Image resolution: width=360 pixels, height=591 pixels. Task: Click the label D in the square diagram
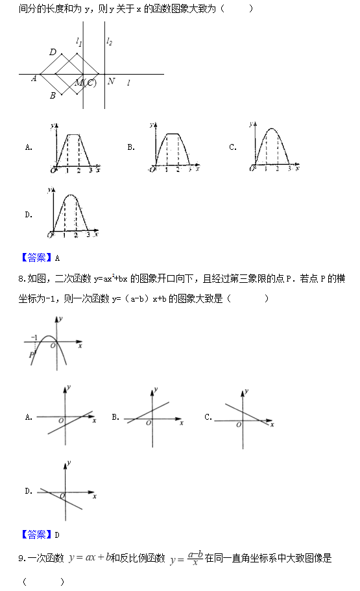[x=53, y=52]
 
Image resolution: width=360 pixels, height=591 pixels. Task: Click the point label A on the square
[x=34, y=78]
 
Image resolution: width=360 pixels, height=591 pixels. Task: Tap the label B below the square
[x=53, y=96]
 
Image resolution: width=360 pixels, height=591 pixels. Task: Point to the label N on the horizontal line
[x=111, y=81]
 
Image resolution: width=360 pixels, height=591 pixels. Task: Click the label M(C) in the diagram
[x=86, y=82]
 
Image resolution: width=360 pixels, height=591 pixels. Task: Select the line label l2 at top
[x=109, y=42]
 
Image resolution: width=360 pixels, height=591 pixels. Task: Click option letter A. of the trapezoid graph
[x=29, y=147]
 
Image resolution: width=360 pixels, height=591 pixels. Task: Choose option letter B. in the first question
[x=130, y=147]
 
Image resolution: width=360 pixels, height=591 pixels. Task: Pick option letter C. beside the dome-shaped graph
[x=232, y=147]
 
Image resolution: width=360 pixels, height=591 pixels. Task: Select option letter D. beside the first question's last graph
[x=29, y=215]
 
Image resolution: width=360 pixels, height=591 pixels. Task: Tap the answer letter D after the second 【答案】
[x=57, y=535]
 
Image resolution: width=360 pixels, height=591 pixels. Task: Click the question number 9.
[x=21, y=559]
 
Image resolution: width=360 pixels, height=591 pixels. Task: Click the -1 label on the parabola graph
[x=34, y=337]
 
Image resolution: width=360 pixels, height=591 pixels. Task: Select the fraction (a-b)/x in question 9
[x=193, y=559]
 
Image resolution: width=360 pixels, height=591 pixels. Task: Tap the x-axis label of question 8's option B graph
[x=181, y=423]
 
